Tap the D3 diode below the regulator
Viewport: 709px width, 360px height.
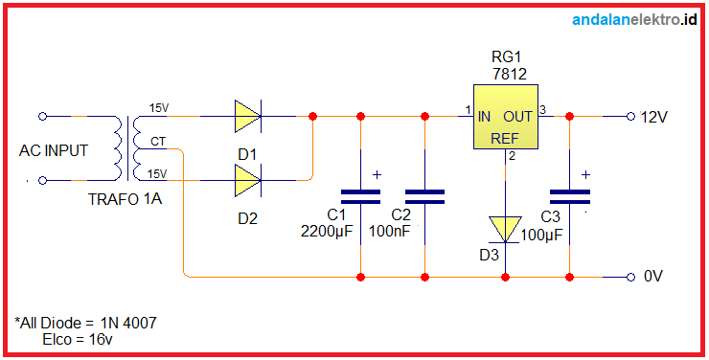pos(505,229)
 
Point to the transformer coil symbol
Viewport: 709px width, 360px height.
pos(127,147)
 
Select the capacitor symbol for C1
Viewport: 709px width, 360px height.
pos(360,196)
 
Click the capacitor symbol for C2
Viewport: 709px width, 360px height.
pos(424,196)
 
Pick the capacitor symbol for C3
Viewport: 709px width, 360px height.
pos(570,196)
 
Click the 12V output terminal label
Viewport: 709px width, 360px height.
pos(653,117)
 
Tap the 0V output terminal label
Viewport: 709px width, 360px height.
pos(653,277)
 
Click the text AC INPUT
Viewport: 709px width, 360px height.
pos(54,150)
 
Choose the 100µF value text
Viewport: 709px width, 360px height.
pos(540,235)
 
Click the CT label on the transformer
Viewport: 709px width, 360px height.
pos(157,142)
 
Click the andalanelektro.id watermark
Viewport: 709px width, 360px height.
pos(633,19)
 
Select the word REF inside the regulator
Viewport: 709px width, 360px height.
pos(505,139)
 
